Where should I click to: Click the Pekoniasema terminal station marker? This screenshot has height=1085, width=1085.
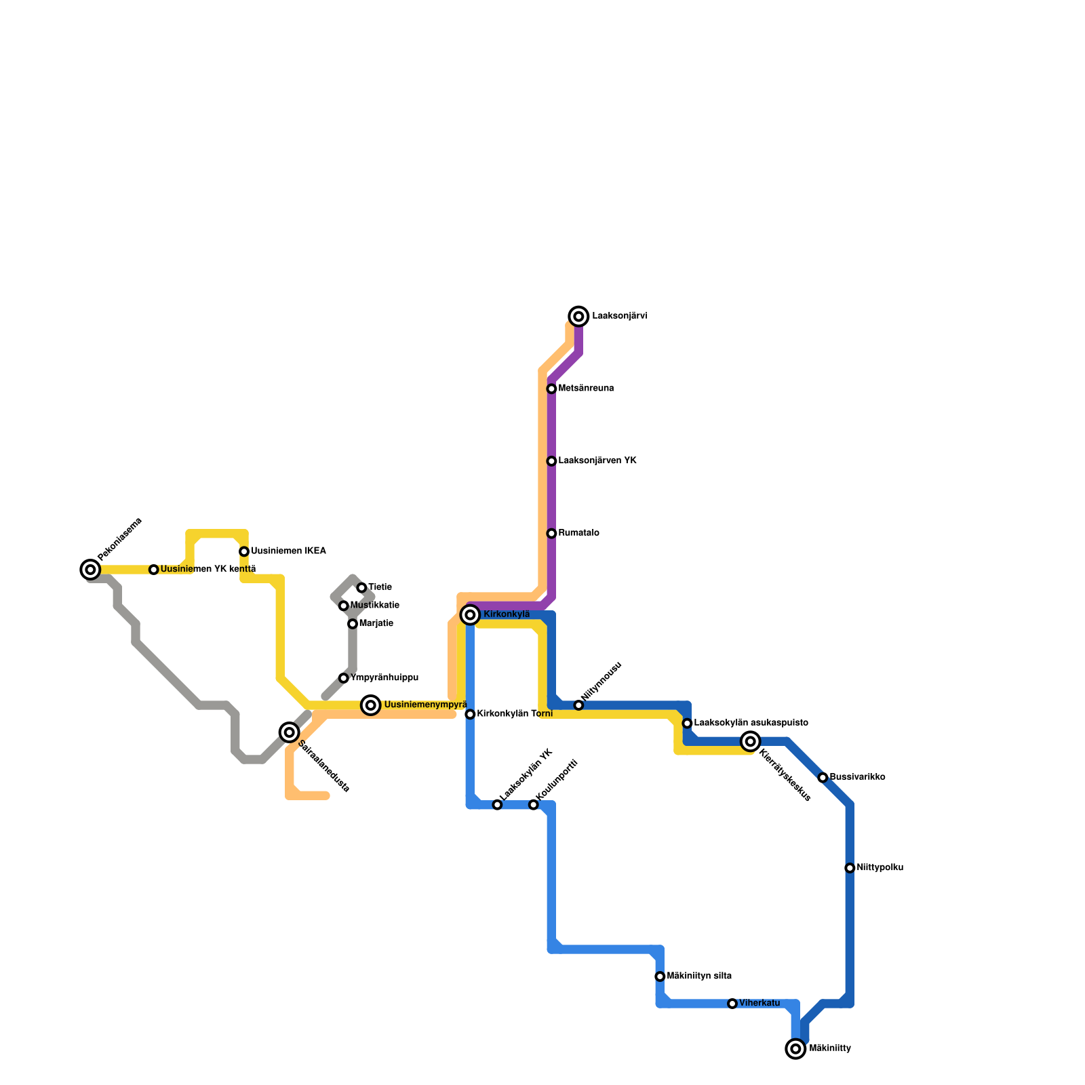(x=90, y=570)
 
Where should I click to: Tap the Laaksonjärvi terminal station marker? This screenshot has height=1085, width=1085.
(x=578, y=316)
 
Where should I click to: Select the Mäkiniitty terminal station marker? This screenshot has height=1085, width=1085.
(x=795, y=1048)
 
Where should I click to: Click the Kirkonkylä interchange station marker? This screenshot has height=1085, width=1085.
(x=470, y=614)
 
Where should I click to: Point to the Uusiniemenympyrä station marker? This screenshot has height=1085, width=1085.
(x=370, y=705)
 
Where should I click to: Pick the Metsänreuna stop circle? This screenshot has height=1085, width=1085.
(x=551, y=389)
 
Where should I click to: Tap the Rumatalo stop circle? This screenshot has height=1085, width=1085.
(x=551, y=534)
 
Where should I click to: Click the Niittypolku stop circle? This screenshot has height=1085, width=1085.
(x=850, y=868)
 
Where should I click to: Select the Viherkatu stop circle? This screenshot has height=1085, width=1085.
(x=732, y=1004)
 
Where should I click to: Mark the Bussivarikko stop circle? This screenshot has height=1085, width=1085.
(x=823, y=778)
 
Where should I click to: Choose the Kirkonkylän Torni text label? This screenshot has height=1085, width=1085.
(x=514, y=714)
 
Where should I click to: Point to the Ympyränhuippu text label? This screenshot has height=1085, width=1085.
(x=384, y=678)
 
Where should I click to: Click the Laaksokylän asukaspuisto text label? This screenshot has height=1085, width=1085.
(x=751, y=723)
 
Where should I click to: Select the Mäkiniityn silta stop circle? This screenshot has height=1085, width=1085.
(x=660, y=976)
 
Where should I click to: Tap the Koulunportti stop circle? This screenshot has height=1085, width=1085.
(x=534, y=805)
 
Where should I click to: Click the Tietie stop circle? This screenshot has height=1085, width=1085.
(x=361, y=587)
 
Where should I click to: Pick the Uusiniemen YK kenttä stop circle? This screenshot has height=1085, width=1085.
(x=154, y=570)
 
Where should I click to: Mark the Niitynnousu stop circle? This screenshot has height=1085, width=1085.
(x=578, y=705)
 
